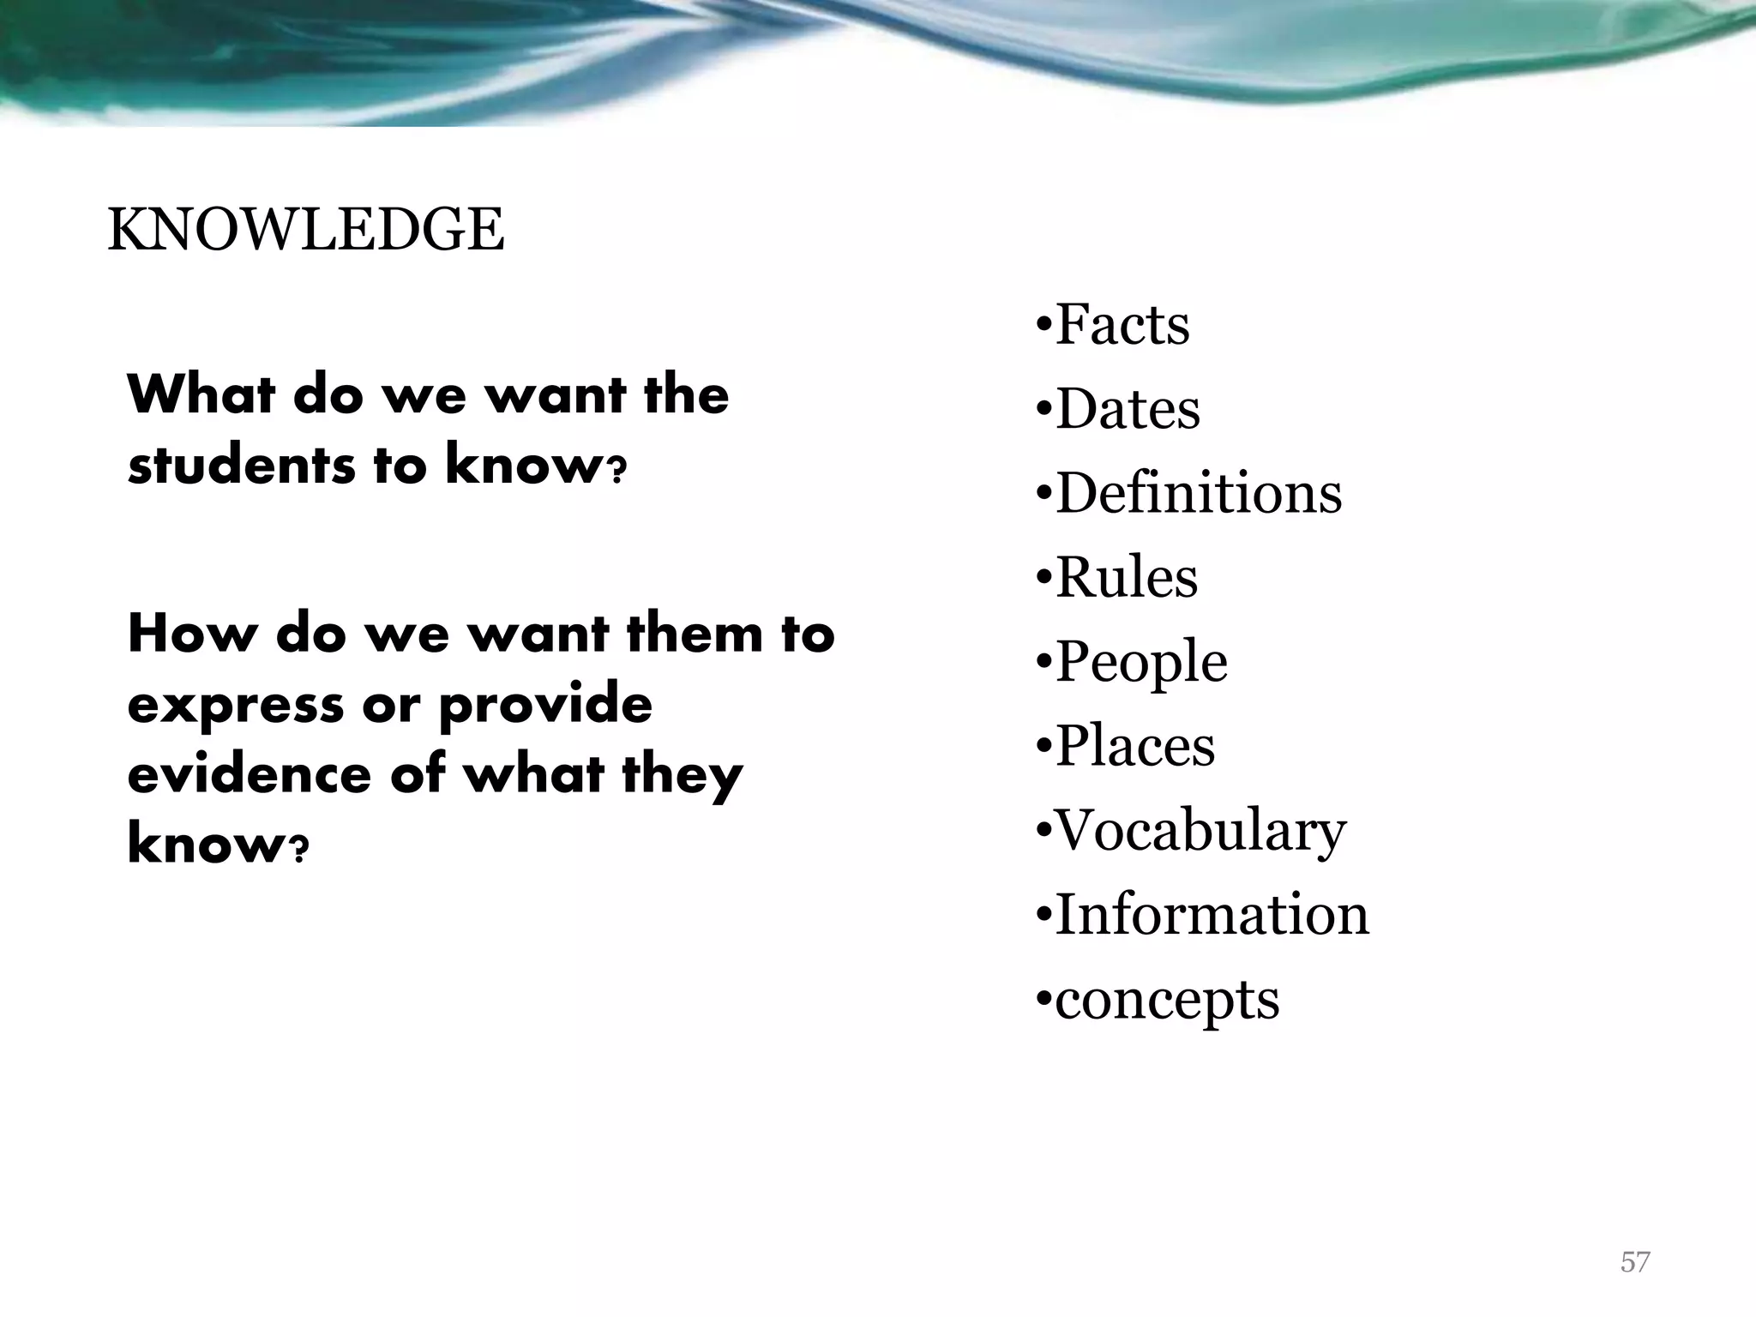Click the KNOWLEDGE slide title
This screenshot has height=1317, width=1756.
coord(306,231)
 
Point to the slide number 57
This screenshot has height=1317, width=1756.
coord(1634,1262)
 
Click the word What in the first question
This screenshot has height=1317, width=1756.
coord(201,395)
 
